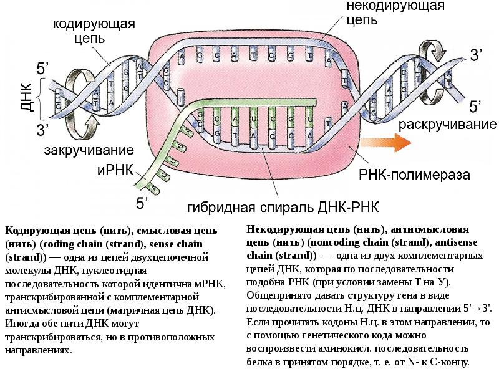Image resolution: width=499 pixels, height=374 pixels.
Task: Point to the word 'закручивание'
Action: tap(89, 150)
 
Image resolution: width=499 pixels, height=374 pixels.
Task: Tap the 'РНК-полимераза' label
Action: tap(414, 175)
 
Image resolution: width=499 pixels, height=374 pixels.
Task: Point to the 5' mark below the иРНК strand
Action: tap(143, 201)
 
